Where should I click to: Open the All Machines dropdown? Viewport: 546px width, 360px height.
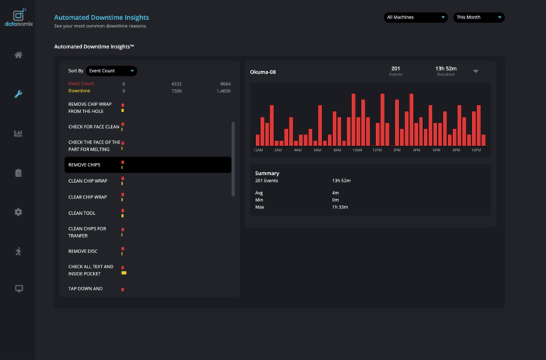tap(415, 17)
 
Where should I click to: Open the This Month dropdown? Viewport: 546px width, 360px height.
tap(478, 17)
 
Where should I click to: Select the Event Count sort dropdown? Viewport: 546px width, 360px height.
tap(112, 70)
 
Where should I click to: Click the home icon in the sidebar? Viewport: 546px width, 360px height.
tap(18, 55)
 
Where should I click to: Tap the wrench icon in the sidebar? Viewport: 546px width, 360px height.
tap(18, 94)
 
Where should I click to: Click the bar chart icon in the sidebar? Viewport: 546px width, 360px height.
tap(18, 133)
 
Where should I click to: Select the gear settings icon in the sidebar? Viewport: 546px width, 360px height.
tap(18, 212)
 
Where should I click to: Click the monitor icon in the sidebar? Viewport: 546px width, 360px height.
tap(18, 288)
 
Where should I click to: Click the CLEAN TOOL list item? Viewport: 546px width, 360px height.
tap(82, 213)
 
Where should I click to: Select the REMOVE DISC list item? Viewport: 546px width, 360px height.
tap(82, 251)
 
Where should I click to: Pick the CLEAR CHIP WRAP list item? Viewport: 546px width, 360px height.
tap(87, 197)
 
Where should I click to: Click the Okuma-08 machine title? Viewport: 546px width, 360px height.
tap(263, 71)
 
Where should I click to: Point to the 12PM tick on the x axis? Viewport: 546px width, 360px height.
tap(377, 151)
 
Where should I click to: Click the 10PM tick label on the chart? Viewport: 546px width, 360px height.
tap(476, 151)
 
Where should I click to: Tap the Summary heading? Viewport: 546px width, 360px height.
tap(267, 173)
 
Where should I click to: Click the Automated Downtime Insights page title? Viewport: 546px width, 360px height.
tap(102, 17)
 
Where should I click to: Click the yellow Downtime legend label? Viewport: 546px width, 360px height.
tap(79, 91)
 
